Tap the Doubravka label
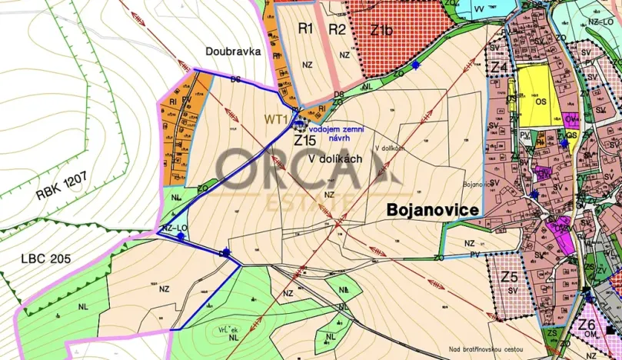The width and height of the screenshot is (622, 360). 234,52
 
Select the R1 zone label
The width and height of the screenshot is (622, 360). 306,29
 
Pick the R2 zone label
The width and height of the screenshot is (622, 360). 338,29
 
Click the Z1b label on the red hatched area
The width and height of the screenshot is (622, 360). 381,31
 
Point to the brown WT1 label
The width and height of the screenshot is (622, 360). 276,119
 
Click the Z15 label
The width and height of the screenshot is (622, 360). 304,141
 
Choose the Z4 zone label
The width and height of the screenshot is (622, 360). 499,68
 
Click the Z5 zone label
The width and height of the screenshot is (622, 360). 509,277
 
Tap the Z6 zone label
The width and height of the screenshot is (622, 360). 587,324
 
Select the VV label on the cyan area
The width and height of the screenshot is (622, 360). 480,8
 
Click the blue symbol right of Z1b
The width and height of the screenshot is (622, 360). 416,65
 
